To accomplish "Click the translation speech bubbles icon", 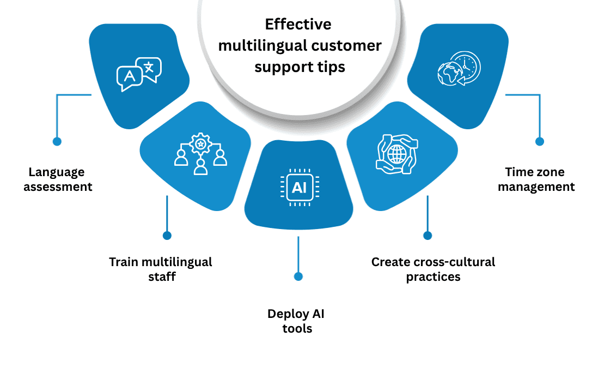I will [x=139, y=75].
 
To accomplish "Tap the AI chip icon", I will [x=298, y=187].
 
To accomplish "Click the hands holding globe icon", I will [x=398, y=154].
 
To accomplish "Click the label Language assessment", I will [x=57, y=179].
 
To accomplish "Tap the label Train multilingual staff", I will [x=161, y=269].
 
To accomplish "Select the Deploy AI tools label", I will [x=296, y=321].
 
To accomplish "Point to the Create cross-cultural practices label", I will [x=433, y=269].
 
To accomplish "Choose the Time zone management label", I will [x=536, y=179].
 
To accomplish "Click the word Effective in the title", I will [x=298, y=25].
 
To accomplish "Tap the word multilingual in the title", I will [x=263, y=46].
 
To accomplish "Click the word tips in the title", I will [x=332, y=67].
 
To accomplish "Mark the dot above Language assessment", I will [x=57, y=141].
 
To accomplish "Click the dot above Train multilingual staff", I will [x=167, y=236].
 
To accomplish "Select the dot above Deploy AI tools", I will [x=298, y=276].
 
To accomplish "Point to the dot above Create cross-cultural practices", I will [x=428, y=236].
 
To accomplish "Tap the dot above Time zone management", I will [x=540, y=141].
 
